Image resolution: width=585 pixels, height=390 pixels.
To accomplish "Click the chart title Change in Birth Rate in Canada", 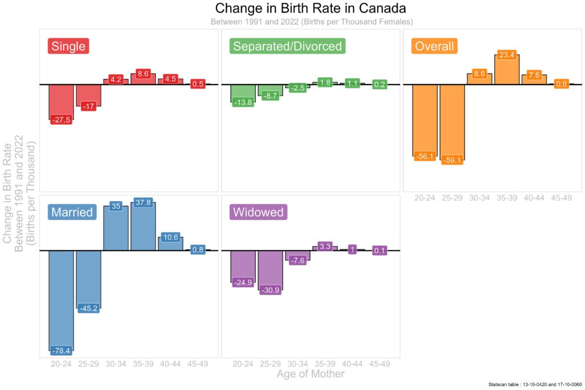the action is click(310, 8).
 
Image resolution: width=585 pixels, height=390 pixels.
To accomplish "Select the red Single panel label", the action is click(69, 46).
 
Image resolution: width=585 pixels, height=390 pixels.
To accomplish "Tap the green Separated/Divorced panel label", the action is click(287, 46).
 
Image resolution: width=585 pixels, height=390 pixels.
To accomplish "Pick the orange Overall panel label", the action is click(434, 46).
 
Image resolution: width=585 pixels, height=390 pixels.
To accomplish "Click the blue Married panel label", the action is click(72, 212).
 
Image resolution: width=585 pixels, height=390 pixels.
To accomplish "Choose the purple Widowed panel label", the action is click(258, 212).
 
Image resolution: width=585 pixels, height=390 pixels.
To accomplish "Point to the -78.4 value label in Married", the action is click(61, 351).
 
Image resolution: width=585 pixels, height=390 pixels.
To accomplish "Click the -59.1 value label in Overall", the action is click(452, 160).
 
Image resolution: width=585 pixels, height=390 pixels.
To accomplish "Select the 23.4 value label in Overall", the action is click(507, 55).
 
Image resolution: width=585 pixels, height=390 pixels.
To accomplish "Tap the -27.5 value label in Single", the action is click(61, 119).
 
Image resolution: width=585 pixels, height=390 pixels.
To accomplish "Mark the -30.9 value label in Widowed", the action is click(270, 290).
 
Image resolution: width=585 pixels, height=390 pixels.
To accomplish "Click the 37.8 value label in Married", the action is click(143, 203).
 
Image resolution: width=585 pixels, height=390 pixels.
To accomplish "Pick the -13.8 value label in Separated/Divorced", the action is click(243, 102).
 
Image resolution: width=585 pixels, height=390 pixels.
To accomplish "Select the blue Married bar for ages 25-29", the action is click(89, 279).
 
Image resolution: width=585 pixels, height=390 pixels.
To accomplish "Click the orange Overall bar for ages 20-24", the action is click(424, 120).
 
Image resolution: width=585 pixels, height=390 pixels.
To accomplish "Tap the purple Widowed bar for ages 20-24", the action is click(243, 266).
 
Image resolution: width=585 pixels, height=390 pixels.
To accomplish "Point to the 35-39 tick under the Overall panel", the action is click(507, 198).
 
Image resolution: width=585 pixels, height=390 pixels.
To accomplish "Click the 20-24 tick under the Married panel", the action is click(61, 364).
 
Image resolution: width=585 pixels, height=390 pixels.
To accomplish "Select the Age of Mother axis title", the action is click(310, 373).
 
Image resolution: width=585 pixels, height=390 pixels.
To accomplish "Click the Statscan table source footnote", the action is click(535, 384).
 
